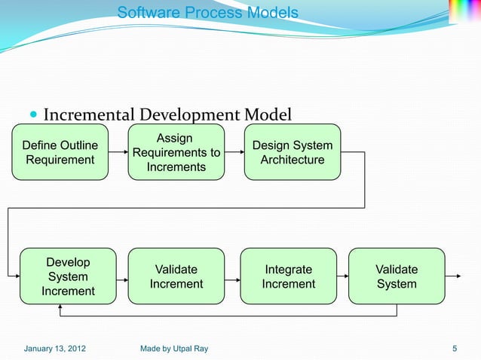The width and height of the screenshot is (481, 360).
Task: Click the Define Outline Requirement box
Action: pos(59,152)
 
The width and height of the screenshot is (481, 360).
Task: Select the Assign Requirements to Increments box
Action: pos(176,152)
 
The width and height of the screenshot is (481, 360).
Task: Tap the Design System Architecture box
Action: pos(293,152)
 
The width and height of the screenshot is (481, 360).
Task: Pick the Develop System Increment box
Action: pos(68,276)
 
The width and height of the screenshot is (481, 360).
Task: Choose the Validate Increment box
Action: pos(176,276)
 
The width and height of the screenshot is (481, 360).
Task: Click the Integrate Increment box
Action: pos(288,276)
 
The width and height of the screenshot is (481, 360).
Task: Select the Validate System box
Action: pos(397,276)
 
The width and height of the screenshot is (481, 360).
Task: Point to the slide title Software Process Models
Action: pos(208,14)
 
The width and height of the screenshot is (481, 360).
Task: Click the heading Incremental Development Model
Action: pos(167,115)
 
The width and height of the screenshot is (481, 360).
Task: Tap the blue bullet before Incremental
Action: pos(33,116)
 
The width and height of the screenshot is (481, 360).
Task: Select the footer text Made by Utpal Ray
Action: pos(174,348)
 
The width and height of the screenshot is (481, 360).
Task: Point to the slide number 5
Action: pos(455,348)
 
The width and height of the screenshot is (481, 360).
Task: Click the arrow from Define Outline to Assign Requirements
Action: pos(117,152)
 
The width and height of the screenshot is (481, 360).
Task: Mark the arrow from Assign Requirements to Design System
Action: pos(234,152)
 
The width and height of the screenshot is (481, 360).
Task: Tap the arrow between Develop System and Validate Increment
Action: pos(123,276)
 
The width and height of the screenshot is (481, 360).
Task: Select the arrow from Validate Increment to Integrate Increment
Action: pos(232,276)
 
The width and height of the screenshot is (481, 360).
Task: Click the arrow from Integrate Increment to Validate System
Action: pos(342,276)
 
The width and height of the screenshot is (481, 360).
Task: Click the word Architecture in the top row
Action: pos(293,160)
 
